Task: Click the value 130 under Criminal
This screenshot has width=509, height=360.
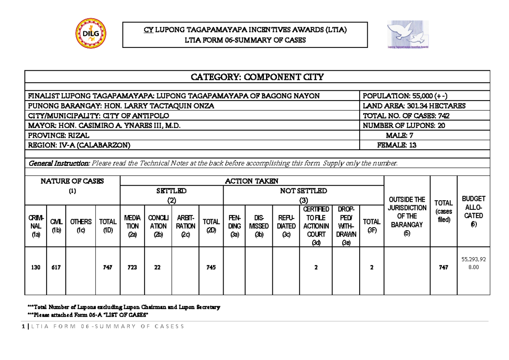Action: click(x=36, y=268)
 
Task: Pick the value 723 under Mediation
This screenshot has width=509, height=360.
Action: click(x=132, y=268)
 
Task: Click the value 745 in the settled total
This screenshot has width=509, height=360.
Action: click(x=211, y=268)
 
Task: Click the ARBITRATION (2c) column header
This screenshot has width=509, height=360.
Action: click(x=185, y=226)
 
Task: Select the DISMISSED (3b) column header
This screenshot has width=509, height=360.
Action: click(x=259, y=226)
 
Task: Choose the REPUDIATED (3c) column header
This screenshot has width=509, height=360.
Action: click(x=286, y=226)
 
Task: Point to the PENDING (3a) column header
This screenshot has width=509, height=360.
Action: click(x=234, y=226)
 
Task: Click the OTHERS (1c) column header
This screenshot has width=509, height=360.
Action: click(x=81, y=226)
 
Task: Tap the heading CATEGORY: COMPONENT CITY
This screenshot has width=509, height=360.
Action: click(x=257, y=77)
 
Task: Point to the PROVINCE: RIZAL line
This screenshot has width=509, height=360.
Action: click(x=59, y=135)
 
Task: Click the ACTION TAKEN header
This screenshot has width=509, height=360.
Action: click(x=252, y=181)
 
